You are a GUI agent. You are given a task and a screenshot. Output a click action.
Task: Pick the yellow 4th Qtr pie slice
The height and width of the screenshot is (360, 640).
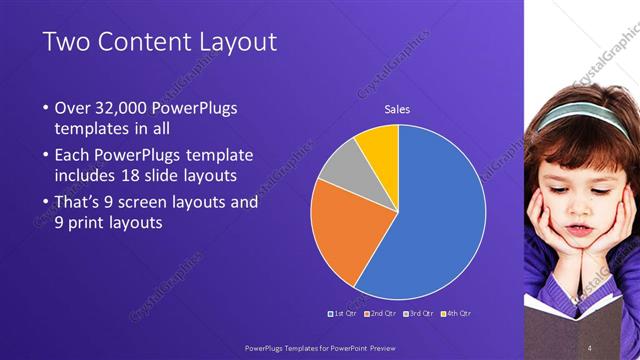point(379,144)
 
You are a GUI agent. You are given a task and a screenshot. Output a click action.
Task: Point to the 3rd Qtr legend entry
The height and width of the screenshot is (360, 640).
point(419,313)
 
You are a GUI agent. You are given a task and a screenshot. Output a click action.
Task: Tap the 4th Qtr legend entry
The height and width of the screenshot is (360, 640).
point(456,313)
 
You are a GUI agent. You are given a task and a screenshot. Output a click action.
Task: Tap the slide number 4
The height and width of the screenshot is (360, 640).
point(590,347)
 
